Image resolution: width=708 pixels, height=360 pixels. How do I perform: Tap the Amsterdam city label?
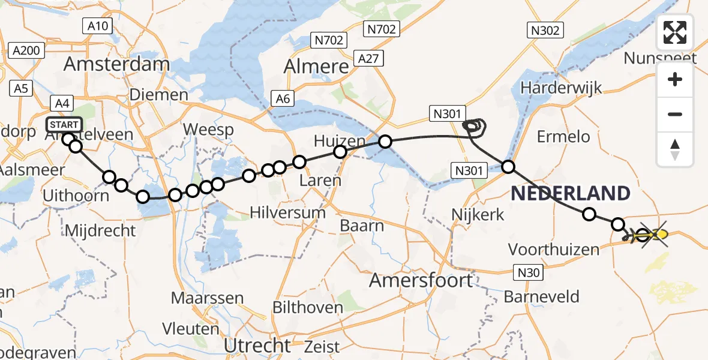pyautogui.click(x=116, y=64)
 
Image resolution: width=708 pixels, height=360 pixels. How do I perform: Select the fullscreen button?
pyautogui.click(x=675, y=32)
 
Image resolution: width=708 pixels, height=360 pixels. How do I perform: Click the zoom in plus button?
pyautogui.click(x=675, y=79)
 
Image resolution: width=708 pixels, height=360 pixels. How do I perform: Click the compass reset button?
pyautogui.click(x=675, y=149)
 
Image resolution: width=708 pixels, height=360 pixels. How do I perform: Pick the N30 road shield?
pyautogui.click(x=529, y=273)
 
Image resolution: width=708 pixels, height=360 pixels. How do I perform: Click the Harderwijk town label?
pyautogui.click(x=561, y=88)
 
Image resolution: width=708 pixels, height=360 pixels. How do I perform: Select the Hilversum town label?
pyautogui.click(x=287, y=212)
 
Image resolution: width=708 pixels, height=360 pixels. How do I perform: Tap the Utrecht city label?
pyautogui.click(x=257, y=346)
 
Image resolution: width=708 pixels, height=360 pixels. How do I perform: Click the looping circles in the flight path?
pyautogui.click(x=475, y=125)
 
